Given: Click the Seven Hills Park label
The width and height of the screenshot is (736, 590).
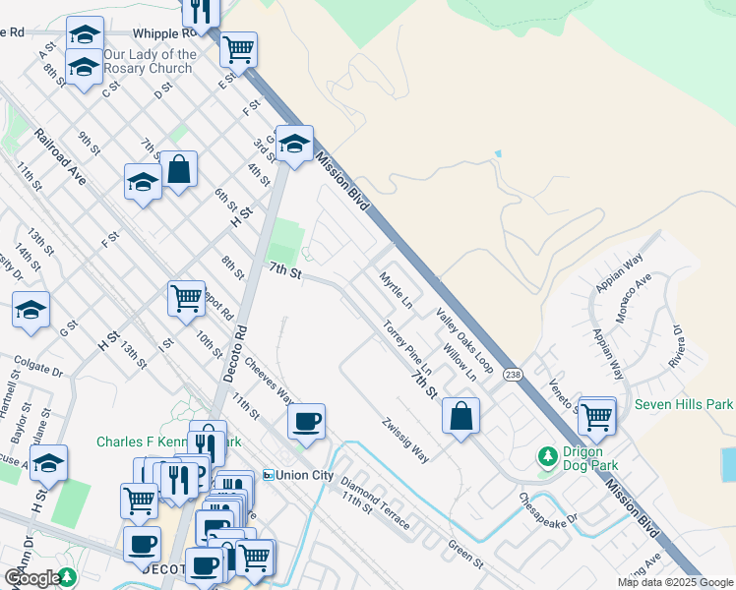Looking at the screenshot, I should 684,404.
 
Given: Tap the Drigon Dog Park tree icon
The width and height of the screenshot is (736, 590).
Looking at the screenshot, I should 547,457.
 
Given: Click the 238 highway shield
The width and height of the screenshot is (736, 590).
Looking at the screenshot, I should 513,375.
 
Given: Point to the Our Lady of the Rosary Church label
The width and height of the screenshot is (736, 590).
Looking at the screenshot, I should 149,62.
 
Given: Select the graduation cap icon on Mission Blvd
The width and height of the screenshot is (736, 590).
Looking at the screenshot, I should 294,145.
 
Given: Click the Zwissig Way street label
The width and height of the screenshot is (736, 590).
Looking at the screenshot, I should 406,441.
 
